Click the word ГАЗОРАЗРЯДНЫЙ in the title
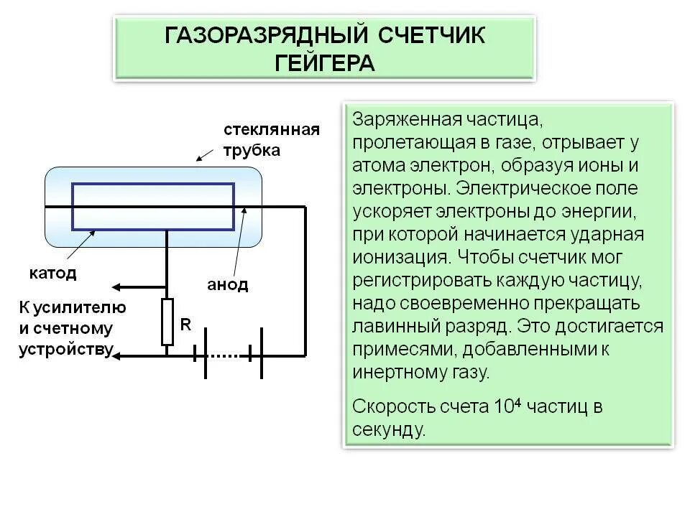coord(263,35)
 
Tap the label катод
coord(52,274)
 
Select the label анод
coord(228,285)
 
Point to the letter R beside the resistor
coord(185,325)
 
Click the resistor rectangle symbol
coord(167,322)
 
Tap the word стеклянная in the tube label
coord(271,130)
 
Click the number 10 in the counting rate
coord(502,407)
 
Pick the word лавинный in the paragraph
coord(393,326)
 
